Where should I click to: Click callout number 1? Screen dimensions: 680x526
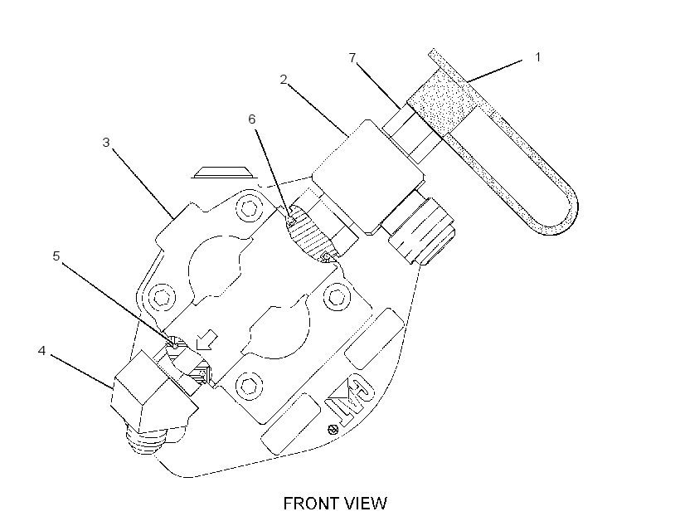click(537, 57)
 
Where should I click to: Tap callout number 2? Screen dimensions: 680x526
click(284, 80)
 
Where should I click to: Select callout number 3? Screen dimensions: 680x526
click(106, 143)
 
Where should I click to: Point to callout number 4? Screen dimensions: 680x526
click(41, 351)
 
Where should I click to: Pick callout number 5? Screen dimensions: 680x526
click(56, 256)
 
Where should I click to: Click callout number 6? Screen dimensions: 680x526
click(252, 119)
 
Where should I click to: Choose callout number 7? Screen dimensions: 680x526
click(352, 57)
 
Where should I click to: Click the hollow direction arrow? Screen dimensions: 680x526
click(206, 339)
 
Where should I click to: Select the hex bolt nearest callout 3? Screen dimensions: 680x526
click(248, 209)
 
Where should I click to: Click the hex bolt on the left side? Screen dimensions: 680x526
click(163, 297)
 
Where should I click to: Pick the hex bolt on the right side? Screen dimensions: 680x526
click(337, 297)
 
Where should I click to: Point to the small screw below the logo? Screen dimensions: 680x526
click(333, 430)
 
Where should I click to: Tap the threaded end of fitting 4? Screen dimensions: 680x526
click(144, 439)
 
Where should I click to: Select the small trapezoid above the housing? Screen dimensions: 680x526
click(224, 173)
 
